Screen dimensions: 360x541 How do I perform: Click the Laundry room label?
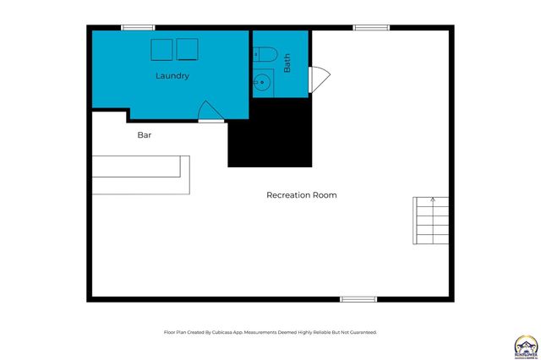(x=172, y=76)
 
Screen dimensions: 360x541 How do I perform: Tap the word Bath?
(x=287, y=63)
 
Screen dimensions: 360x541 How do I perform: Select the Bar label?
(x=145, y=134)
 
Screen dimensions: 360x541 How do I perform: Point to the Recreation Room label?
(x=302, y=195)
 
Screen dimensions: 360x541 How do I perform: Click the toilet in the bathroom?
(x=265, y=55)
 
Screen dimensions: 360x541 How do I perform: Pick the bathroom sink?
(x=263, y=83)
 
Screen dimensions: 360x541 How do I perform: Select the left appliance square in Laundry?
(x=161, y=49)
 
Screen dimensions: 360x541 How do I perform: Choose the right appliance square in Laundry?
(x=187, y=49)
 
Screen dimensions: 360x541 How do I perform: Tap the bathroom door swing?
(x=317, y=79)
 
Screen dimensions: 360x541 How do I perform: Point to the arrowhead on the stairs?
(x=433, y=200)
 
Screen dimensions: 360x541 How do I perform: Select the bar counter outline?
(x=142, y=175)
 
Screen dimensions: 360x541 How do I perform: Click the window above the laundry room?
(x=138, y=28)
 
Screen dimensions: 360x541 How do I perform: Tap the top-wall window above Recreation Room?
(x=371, y=28)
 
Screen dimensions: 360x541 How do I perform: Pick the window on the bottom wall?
(x=358, y=298)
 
